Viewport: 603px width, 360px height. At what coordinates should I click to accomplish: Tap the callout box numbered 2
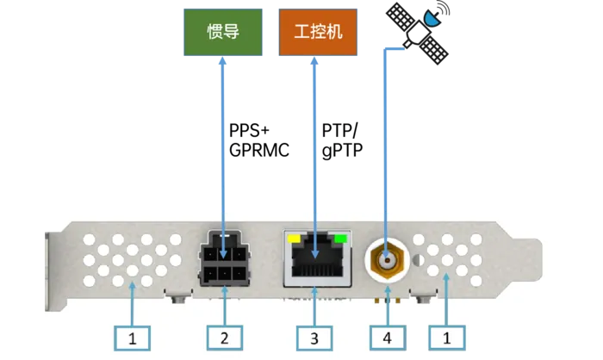click(225, 338)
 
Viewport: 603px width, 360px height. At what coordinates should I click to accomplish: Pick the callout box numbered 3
click(314, 338)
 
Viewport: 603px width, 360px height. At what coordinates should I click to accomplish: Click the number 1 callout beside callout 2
click(133, 338)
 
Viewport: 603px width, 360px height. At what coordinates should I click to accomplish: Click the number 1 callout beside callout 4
click(447, 338)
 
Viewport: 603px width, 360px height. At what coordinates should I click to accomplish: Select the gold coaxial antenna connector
click(388, 258)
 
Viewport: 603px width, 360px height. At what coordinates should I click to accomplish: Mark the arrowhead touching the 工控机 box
click(314, 63)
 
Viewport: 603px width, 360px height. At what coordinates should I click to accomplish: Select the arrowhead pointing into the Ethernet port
click(314, 251)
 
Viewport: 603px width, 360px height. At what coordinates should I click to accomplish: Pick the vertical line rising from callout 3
click(314, 306)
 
